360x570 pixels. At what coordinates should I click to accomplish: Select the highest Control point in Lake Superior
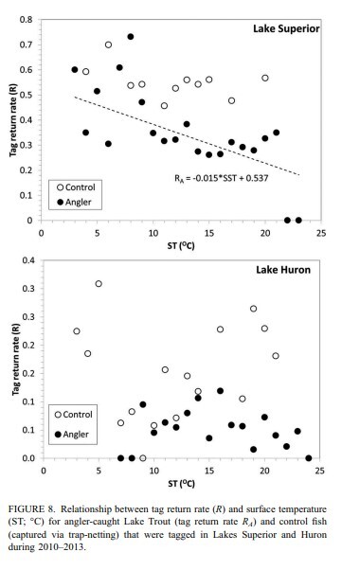(x=109, y=45)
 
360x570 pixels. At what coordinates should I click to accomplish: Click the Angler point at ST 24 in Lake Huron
(x=309, y=458)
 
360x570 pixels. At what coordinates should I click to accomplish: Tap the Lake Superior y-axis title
(x=11, y=119)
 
